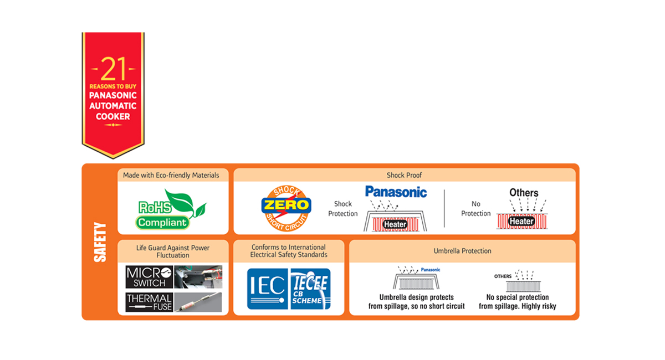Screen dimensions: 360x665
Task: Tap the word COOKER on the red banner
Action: (x=113, y=116)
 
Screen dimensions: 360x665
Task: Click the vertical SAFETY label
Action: (x=100, y=242)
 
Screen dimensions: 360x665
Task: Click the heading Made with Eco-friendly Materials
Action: (x=171, y=176)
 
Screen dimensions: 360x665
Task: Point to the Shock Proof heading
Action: (x=405, y=176)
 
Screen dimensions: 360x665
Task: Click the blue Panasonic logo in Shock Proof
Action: (x=396, y=192)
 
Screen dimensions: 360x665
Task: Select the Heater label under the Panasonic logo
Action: (x=395, y=224)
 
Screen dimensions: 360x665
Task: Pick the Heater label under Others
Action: (x=521, y=221)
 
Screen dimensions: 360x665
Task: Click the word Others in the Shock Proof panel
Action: (x=524, y=193)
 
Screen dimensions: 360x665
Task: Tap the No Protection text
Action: (x=476, y=209)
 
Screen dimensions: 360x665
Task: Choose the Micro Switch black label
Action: (x=149, y=277)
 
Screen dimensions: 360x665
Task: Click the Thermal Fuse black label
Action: (x=149, y=302)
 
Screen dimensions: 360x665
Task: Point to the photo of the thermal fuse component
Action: (x=198, y=302)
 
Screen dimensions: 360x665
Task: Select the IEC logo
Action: (x=267, y=289)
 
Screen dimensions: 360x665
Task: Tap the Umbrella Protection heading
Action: (x=462, y=251)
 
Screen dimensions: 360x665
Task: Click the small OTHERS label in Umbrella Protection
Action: (x=503, y=276)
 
